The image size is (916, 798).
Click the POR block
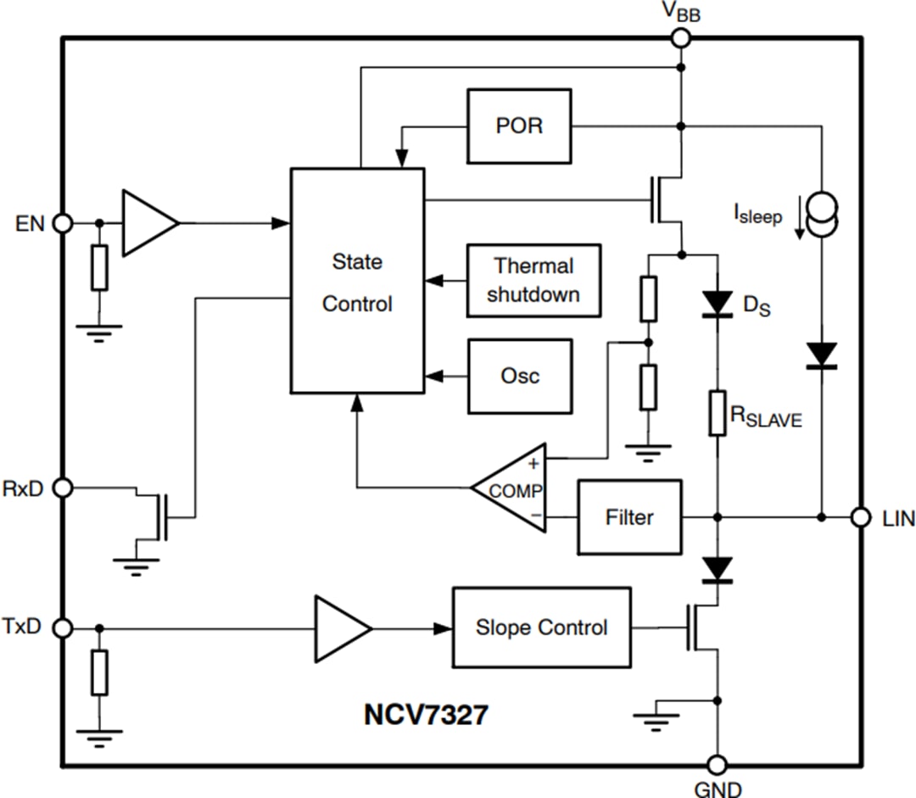519,126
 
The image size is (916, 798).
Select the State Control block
357,281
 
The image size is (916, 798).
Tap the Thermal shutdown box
533,280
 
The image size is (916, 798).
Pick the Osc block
519,376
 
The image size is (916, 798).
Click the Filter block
629,517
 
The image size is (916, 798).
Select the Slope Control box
541,628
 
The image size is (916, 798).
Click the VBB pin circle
680,37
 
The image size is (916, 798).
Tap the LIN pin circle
861,516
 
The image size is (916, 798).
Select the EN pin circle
62,223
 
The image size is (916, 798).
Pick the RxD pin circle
62,488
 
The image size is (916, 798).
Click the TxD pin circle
62,628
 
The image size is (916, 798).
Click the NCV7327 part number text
426,715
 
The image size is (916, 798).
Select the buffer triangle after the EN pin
149,223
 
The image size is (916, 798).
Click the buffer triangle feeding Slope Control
341,628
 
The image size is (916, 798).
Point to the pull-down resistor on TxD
100,673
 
